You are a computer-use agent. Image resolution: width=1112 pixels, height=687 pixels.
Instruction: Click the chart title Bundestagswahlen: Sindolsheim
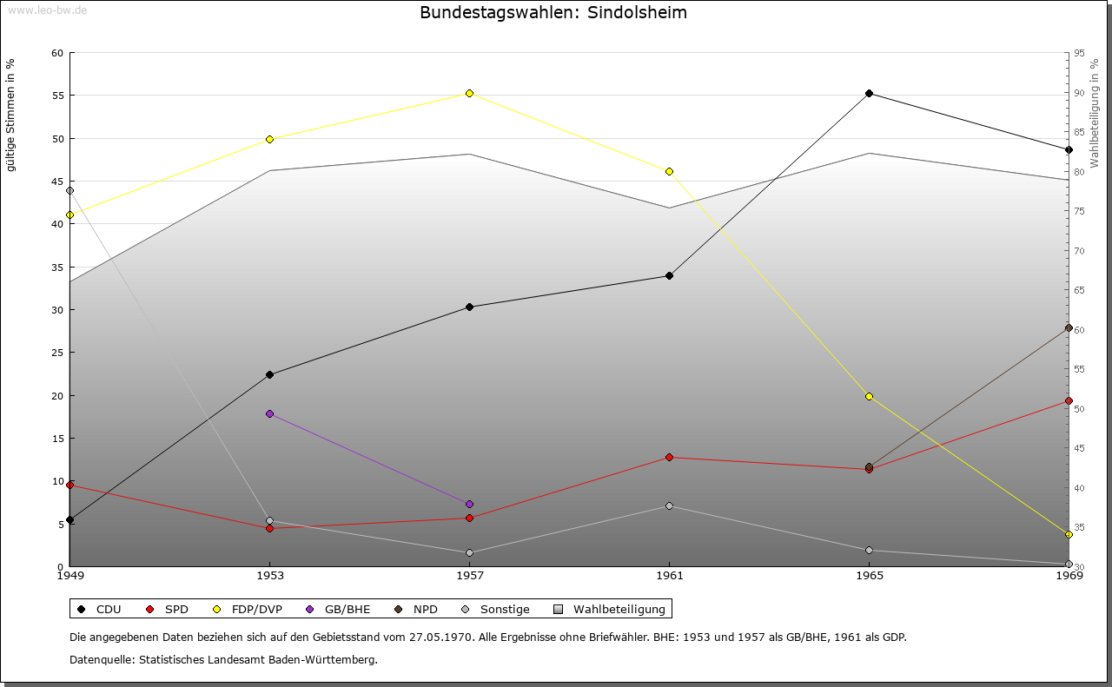(553, 12)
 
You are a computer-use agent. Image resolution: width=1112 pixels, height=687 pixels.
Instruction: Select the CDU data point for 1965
(869, 94)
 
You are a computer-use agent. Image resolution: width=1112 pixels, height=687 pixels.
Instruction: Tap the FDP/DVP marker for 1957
(469, 93)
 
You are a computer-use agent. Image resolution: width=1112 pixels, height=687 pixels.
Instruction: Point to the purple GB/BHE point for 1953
(269, 413)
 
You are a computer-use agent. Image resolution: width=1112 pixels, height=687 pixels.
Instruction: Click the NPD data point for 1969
(1069, 328)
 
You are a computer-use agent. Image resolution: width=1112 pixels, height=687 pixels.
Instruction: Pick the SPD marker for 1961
(669, 457)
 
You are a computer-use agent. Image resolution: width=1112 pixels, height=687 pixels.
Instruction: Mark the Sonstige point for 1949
(69, 190)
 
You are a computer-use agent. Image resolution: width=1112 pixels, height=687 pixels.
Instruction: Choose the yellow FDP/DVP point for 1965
(869, 396)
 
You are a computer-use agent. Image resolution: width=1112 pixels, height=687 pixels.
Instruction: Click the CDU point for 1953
(269, 374)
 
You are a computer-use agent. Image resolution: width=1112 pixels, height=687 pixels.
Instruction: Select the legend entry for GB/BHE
(340, 609)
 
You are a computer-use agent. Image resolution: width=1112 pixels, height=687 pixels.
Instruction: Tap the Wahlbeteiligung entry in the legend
(609, 609)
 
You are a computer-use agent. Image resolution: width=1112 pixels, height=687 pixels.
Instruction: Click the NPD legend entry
(416, 609)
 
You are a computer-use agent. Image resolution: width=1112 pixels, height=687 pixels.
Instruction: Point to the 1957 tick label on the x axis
(469, 575)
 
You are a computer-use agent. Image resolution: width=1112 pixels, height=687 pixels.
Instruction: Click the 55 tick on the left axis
(57, 96)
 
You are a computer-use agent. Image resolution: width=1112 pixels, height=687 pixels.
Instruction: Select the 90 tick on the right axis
(1078, 93)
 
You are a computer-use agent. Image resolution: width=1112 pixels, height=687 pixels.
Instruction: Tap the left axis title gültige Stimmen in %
(11, 115)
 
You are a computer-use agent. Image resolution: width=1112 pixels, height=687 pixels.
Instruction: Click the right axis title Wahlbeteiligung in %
(1095, 114)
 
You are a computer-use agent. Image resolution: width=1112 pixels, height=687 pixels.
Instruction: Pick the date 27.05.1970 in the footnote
(440, 637)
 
